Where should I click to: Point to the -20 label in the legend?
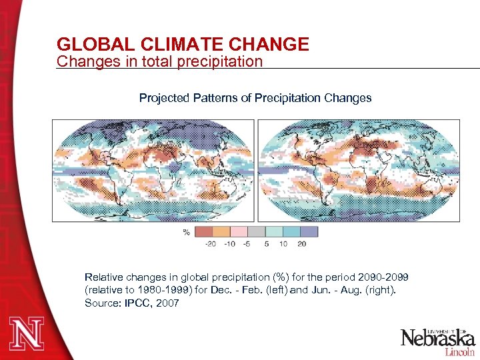click(210, 244)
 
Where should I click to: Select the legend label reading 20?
click(301, 244)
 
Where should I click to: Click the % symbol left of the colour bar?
click(186, 232)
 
